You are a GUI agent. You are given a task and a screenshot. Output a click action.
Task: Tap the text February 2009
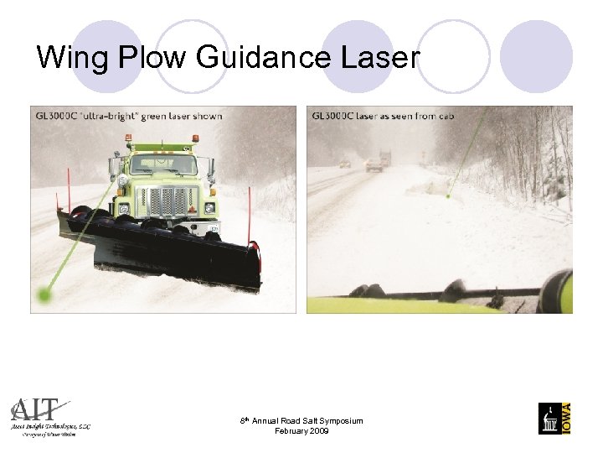301,431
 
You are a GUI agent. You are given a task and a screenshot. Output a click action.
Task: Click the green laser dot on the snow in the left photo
45,294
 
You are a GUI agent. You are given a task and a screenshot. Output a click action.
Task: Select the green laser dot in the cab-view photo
449,196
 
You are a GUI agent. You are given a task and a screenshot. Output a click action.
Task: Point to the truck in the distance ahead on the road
384,158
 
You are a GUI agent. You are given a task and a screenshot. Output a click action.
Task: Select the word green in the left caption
151,115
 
